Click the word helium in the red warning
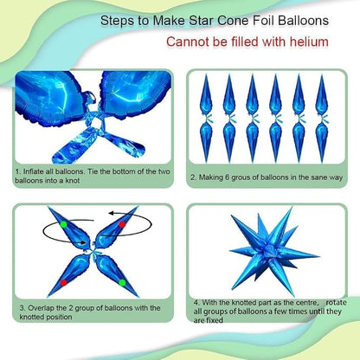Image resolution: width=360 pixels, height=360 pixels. point(309,42)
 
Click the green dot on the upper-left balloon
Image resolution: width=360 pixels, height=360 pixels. point(64,224)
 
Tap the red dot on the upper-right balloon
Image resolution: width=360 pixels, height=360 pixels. point(122,224)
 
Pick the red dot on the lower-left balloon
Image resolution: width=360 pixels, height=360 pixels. point(64,282)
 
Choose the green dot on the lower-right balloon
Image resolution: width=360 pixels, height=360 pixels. point(122,282)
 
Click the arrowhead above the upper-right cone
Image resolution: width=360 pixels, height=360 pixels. point(111,214)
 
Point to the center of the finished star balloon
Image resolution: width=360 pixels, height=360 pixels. point(270,250)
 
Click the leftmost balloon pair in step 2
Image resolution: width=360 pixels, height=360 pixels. point(206,119)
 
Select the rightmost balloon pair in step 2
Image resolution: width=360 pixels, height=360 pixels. point(322,119)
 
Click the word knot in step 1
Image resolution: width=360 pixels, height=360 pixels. point(73,181)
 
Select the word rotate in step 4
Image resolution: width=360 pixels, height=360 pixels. point(336,303)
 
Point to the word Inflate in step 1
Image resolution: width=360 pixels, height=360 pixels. point(34,171)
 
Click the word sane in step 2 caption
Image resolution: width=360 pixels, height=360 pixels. point(319,177)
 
